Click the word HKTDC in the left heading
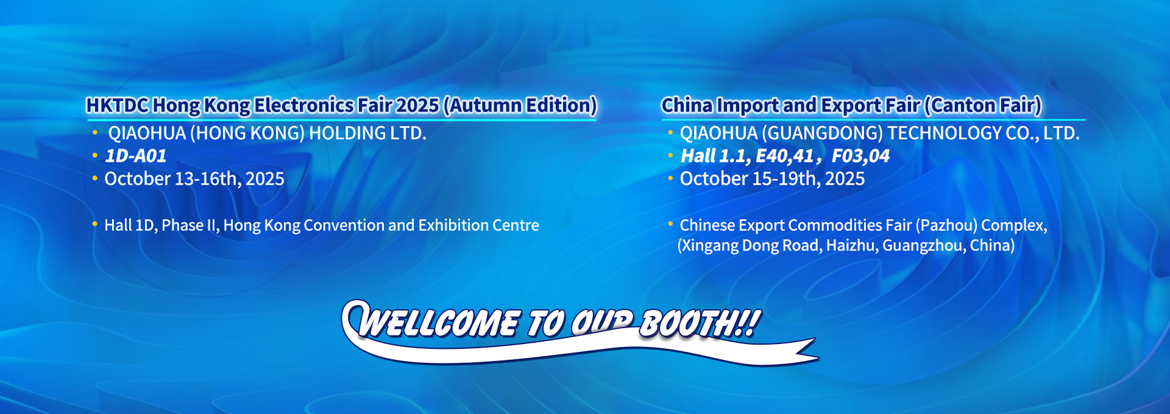point(118,105)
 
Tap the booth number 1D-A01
point(135,156)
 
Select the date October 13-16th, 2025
point(194,179)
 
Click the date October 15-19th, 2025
point(772,179)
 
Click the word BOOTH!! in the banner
point(700,322)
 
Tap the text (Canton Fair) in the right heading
point(982,105)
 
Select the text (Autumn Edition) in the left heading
point(520,105)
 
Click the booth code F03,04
point(860,156)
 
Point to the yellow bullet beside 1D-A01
point(94,156)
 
